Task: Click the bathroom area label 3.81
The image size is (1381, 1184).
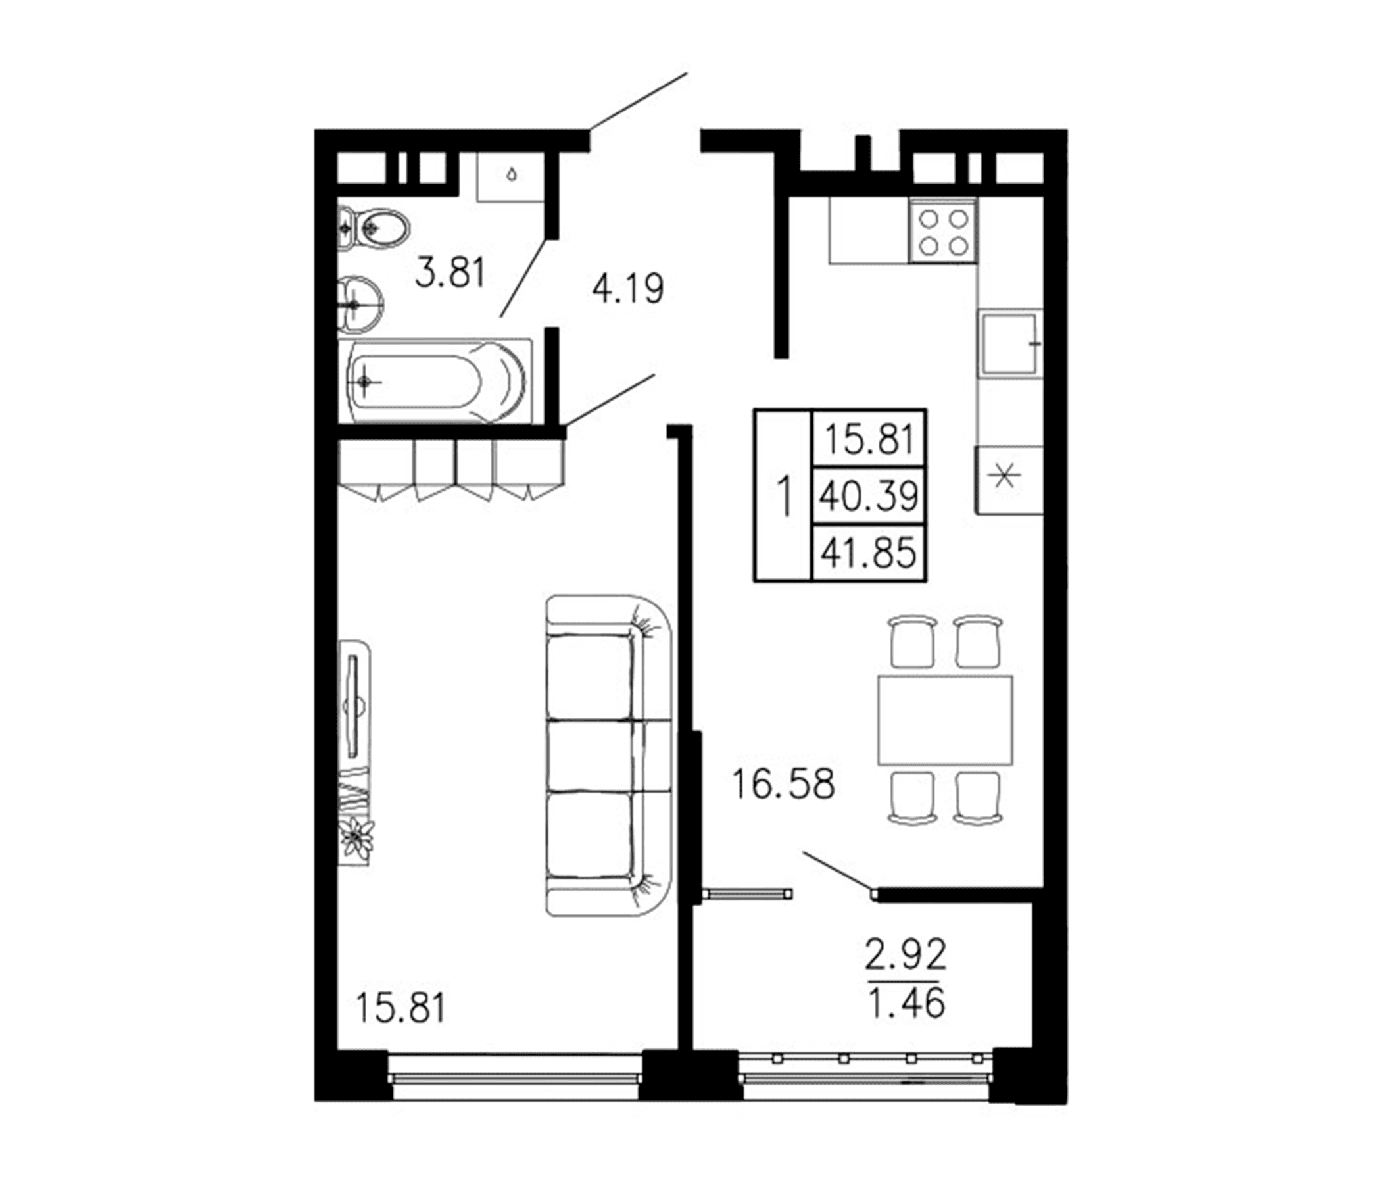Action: coord(450,274)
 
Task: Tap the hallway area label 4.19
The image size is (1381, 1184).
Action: coord(628,289)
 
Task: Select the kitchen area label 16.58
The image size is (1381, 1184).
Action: coord(783,784)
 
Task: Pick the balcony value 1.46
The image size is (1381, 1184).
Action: coord(906,1003)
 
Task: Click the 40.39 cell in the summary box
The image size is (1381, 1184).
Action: coord(869,496)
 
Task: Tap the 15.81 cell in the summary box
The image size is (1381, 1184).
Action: coord(869,439)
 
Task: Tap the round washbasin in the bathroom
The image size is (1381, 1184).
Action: coord(360,305)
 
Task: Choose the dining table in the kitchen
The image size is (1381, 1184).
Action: coord(945,720)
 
